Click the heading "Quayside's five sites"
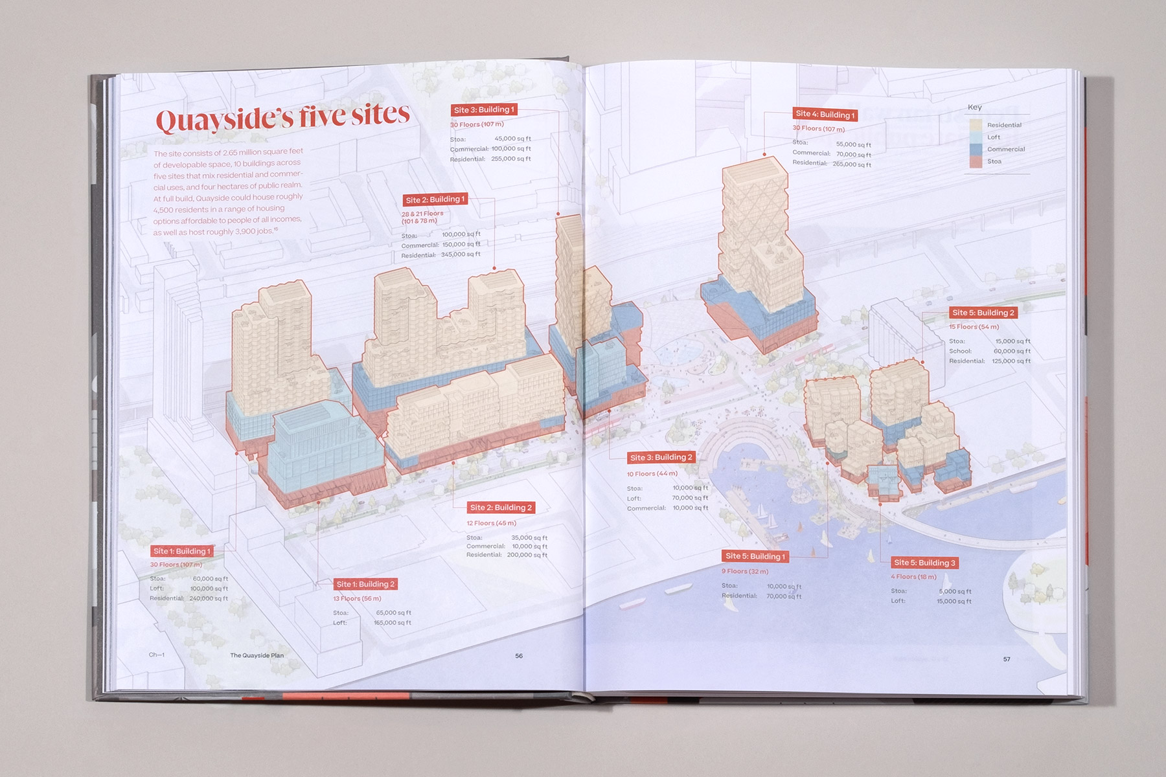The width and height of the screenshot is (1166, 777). pos(282,117)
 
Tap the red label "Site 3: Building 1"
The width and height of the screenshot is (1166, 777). pos(484,109)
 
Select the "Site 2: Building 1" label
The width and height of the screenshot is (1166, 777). pos(435,199)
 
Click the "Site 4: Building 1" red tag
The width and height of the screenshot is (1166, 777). pos(825,115)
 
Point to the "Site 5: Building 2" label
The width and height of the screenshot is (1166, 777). pos(983,313)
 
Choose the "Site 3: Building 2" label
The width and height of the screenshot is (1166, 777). pos(661,457)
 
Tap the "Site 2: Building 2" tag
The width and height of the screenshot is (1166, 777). pos(501,508)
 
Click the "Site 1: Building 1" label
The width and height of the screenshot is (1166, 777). pos(181,551)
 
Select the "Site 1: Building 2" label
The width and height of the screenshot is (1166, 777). pos(365,584)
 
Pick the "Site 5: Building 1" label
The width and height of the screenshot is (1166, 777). pos(755,556)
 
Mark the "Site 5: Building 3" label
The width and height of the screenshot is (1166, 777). pos(924,563)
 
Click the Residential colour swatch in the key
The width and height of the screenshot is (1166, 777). pos(976,125)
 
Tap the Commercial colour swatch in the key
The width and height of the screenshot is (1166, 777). pos(976,149)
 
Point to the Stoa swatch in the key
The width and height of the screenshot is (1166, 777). pos(976,161)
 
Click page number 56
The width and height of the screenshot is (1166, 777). pos(519,656)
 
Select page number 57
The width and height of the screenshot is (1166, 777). pos(1007,659)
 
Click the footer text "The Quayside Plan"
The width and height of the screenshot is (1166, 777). pos(257,655)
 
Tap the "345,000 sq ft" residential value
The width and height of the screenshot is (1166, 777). pos(461,254)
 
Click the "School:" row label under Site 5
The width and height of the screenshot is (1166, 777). pos(960,351)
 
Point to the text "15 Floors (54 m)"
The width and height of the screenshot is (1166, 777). pos(974,327)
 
